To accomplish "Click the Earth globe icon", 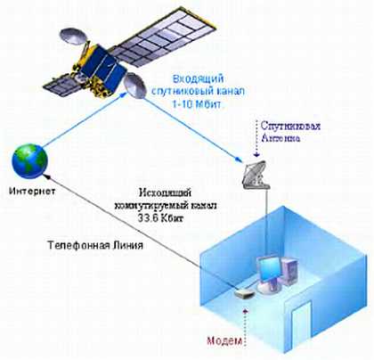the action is click(x=29, y=160).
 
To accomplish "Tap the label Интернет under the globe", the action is click(x=32, y=191).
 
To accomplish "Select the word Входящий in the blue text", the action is click(x=198, y=79).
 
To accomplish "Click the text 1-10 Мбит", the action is click(x=197, y=104).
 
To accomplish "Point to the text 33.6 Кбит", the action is click(x=160, y=218).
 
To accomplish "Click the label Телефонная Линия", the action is click(x=95, y=245).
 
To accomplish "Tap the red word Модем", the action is click(x=224, y=340).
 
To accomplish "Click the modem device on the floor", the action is click(x=245, y=294).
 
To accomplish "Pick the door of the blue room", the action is click(x=301, y=322).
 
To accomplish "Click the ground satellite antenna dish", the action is click(x=256, y=176).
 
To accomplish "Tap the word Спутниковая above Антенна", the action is click(x=290, y=126).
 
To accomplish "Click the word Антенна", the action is click(x=280, y=138).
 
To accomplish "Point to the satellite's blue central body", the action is click(x=102, y=68).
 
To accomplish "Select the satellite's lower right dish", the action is click(x=135, y=86).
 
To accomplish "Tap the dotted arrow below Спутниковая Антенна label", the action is click(x=256, y=139).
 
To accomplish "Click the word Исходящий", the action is click(x=166, y=193).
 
